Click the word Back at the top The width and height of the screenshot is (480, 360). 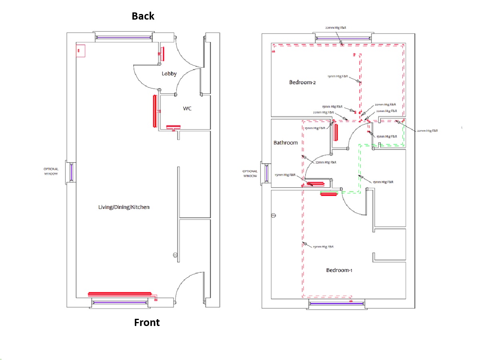(143, 16)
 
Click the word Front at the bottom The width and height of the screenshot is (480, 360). (147, 322)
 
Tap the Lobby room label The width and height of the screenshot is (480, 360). (170, 74)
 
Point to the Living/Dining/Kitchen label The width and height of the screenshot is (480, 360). (124, 207)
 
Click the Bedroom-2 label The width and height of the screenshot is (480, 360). (302, 82)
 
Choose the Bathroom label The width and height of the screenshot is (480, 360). (286, 143)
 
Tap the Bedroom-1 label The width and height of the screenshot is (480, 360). (339, 270)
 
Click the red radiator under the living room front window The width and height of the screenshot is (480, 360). (120, 294)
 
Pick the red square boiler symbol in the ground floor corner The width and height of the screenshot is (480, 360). (80, 51)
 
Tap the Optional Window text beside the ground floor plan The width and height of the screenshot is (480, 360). (51, 172)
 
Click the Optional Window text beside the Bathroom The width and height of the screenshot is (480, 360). (250, 174)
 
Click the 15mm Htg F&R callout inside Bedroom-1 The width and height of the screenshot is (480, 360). (323, 247)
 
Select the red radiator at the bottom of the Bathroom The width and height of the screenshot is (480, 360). (316, 184)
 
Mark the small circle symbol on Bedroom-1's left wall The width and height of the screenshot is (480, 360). (274, 216)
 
